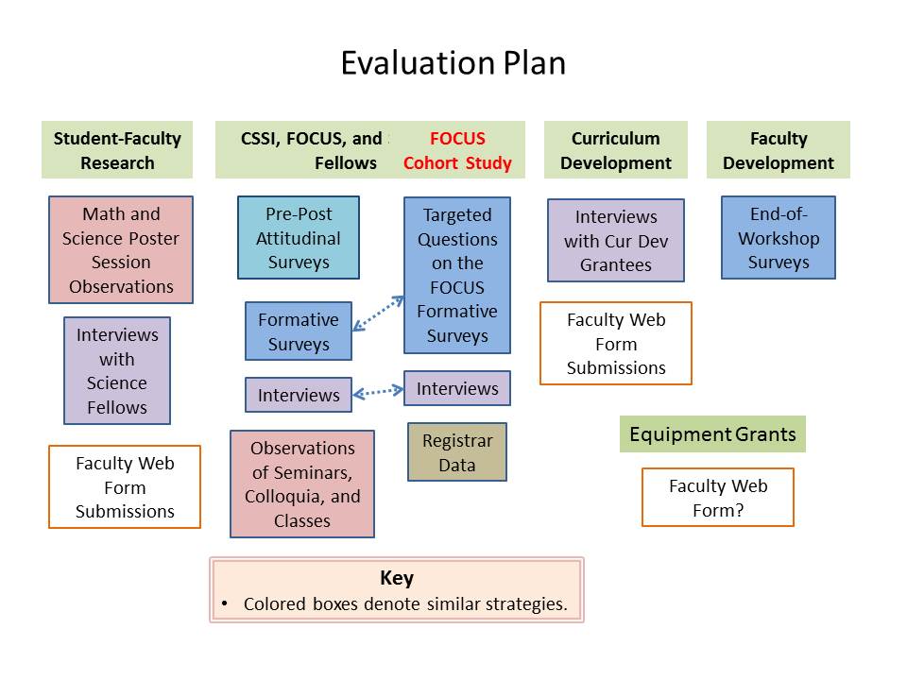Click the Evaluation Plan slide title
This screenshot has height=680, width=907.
[453, 63]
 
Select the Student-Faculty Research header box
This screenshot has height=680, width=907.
[117, 150]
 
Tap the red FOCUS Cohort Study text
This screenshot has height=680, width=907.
[457, 150]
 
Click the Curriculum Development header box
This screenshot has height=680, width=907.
[615, 150]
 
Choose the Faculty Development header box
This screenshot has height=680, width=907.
[778, 150]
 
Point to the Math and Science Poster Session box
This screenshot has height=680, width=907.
[121, 249]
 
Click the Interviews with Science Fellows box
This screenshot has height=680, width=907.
[117, 370]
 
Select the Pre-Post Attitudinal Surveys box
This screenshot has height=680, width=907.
[299, 238]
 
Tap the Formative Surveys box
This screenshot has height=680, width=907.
[299, 331]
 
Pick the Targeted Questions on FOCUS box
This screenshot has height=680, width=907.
[457, 275]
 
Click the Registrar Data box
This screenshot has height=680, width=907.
[457, 452]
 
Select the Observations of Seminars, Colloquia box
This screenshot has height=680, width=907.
[302, 484]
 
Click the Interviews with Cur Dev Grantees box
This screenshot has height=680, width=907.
[616, 241]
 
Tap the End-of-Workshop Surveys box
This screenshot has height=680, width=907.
[779, 238]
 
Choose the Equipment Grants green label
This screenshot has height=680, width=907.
[712, 434]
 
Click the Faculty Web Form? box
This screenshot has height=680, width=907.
[718, 498]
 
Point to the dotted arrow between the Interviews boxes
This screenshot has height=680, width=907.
[378, 391]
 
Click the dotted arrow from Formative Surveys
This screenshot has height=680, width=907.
[378, 314]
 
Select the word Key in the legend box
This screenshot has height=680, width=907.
[397, 578]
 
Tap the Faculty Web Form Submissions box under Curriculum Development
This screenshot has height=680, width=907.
[616, 344]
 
